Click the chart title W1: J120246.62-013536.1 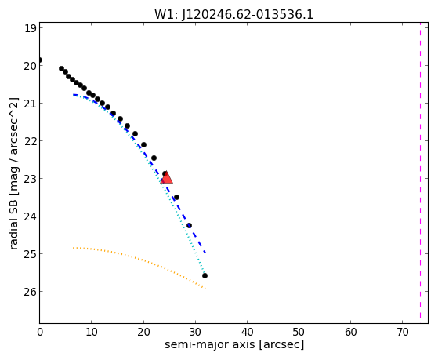234,14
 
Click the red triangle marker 166,178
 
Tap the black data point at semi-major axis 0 40,60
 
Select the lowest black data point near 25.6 205,276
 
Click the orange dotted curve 139,260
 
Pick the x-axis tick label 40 247,333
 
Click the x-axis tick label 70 403,333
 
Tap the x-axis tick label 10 92,333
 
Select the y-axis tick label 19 31,28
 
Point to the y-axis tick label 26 31,292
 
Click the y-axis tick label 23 31,179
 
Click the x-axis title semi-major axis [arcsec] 234,344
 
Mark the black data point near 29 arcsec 189,225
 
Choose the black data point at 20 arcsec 143,144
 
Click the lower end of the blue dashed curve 205,253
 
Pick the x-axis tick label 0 40,333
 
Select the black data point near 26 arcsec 176,197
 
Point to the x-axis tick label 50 299,333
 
